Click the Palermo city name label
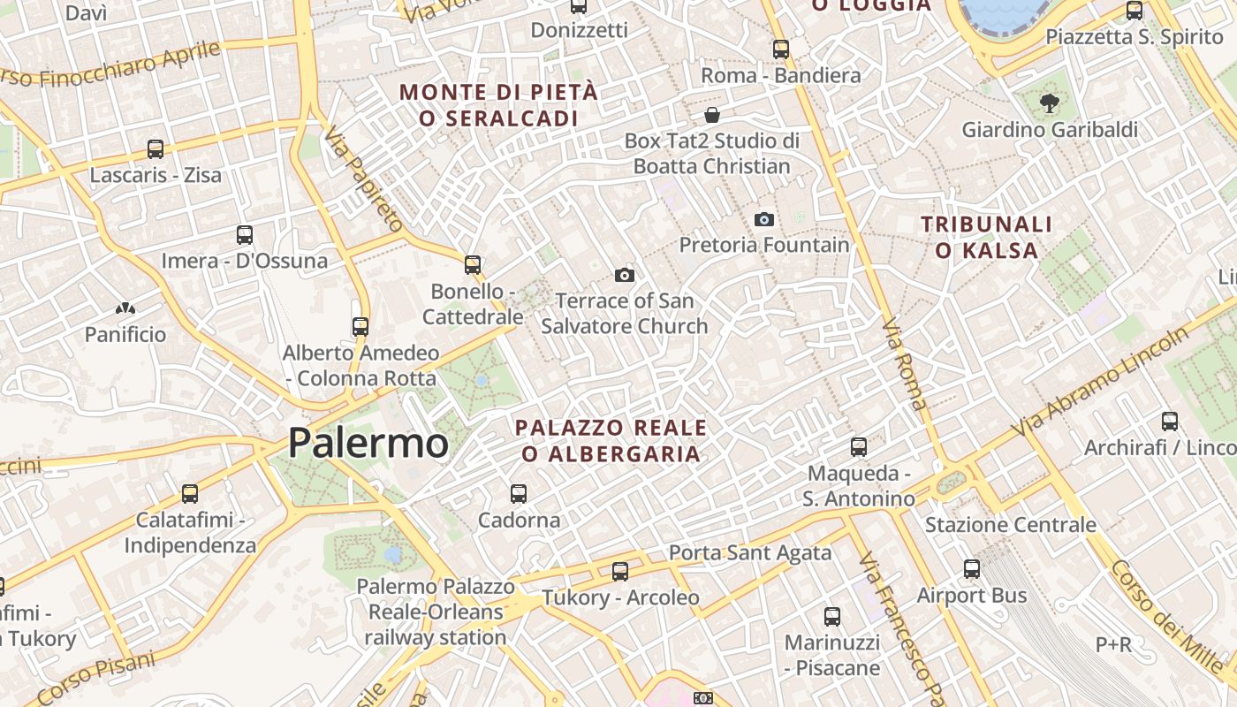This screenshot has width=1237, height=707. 368,442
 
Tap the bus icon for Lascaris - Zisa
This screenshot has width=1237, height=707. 156,148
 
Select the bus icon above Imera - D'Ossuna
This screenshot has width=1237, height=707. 245,235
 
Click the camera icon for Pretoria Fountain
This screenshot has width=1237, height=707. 764,219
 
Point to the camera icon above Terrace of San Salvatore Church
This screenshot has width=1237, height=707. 625,275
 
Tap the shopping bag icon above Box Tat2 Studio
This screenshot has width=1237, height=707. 712,115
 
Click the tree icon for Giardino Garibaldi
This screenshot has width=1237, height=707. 1050,103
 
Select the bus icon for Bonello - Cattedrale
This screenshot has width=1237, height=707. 473,264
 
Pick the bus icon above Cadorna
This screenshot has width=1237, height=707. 519,494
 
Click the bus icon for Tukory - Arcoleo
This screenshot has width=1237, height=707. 620,572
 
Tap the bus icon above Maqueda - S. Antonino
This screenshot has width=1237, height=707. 859,447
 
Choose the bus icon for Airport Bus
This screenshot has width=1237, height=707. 972,569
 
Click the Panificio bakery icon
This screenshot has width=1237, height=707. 125,309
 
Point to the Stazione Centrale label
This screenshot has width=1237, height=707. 1010,525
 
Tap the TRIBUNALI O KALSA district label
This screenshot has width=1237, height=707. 987,237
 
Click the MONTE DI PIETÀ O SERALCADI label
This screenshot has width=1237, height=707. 499,104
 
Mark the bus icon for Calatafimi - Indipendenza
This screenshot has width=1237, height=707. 189,494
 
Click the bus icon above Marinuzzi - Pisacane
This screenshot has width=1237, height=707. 832,616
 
